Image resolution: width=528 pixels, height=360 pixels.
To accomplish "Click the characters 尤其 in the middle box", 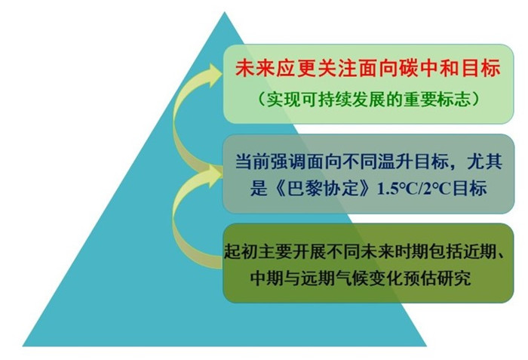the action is (484, 162).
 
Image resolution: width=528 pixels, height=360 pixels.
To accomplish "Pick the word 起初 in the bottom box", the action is (241, 251).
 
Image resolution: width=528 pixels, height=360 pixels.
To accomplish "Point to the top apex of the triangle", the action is (225, 12).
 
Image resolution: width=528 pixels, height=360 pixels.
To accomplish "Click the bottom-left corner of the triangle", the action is (23, 346).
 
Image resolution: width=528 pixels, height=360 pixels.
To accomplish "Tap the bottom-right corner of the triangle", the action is (426, 346).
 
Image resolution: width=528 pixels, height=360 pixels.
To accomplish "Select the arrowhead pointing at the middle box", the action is (213, 173).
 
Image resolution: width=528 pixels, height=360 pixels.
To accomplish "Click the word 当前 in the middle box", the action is (252, 162).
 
